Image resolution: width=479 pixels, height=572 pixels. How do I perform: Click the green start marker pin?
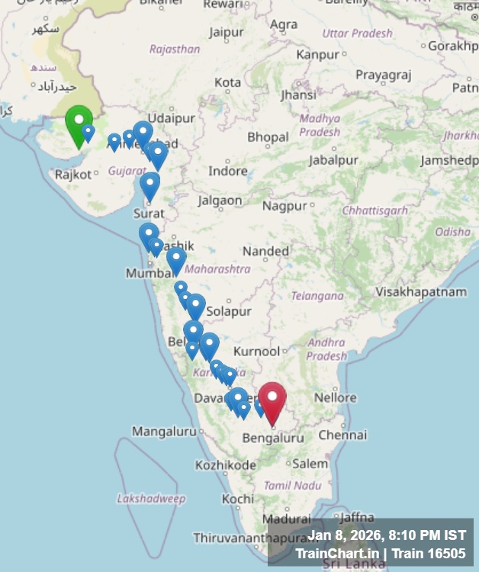[x=79, y=124]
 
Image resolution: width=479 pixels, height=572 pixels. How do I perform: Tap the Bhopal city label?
[x=268, y=138]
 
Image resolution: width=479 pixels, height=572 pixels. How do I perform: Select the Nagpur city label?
[x=285, y=206]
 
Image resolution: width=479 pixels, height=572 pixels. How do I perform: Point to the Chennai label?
[x=342, y=435]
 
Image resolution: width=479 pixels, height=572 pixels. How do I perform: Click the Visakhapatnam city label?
[x=420, y=292]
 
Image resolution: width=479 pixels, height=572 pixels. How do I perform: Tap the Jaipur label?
[x=226, y=33]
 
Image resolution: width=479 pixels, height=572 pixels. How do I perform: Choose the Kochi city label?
[x=237, y=499]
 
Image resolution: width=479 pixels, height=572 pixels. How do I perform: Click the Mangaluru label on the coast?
[x=164, y=432]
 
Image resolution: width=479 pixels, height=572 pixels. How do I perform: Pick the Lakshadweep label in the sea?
[x=151, y=499]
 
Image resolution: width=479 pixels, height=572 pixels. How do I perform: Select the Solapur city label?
[x=229, y=311]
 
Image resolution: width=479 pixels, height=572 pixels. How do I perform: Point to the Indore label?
[x=229, y=171]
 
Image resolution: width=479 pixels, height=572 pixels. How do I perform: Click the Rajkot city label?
[x=73, y=175]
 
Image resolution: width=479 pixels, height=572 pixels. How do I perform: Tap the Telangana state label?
[x=317, y=296]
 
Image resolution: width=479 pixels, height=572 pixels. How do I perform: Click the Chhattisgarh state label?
[x=375, y=210]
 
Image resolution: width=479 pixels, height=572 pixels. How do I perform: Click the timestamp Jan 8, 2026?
[x=345, y=535]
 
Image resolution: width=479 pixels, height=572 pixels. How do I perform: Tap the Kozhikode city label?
[x=225, y=464]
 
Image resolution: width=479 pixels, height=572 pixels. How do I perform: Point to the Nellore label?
[x=335, y=397]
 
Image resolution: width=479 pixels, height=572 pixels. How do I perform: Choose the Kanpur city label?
[x=317, y=55]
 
